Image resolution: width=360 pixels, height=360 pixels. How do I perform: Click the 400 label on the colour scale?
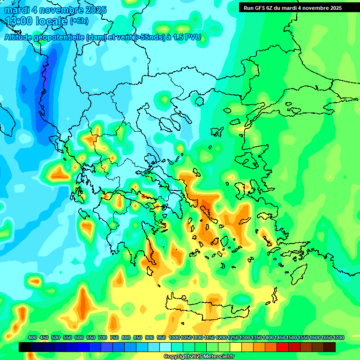pyautogui.click(x=32, y=337)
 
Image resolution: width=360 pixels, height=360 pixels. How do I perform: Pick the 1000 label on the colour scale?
pyautogui.click(x=174, y=337)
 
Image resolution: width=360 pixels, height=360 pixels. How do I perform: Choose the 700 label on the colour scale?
pyautogui.click(x=103, y=337)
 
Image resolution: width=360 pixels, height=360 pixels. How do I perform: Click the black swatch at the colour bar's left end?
pyautogui.click(x=25, y=347)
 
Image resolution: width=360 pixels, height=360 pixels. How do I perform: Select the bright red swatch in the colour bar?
pyautogui.click(x=283, y=347)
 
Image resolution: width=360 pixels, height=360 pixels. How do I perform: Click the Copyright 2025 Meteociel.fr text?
pyautogui.click(x=199, y=357)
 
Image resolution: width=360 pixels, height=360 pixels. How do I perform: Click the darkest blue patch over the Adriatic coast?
pyautogui.click(x=49, y=70)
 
